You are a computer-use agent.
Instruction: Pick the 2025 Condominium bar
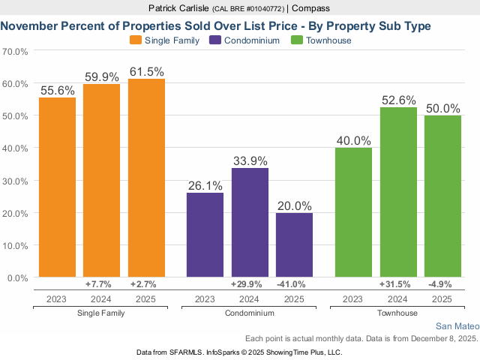294,245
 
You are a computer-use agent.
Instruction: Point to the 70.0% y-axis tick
16,52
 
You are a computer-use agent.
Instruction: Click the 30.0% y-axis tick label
16,181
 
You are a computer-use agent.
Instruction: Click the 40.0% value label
353,140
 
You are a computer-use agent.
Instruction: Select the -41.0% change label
294,285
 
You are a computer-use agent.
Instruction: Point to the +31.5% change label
398,285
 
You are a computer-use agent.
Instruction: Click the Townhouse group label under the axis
397,312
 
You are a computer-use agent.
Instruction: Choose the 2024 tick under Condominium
250,299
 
